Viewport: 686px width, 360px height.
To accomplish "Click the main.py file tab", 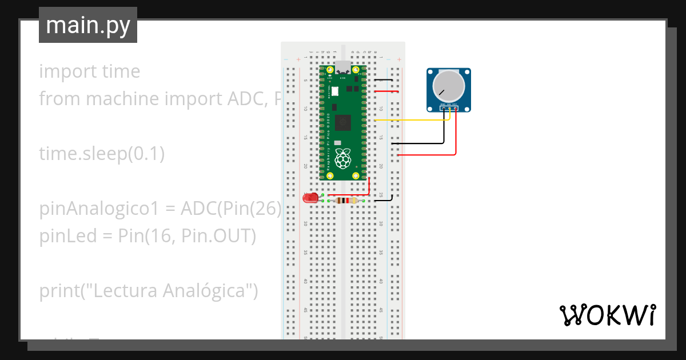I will [x=87, y=26].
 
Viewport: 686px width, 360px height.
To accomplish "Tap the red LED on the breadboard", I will [x=310, y=198].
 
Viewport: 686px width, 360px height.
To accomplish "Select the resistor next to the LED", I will [x=344, y=201].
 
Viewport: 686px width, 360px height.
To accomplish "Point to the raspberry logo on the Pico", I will [x=342, y=158].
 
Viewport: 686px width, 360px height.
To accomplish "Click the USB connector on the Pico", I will [x=342, y=66].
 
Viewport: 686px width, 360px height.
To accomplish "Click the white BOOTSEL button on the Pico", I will [x=335, y=91].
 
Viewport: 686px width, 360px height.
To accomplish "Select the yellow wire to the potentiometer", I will [x=412, y=121].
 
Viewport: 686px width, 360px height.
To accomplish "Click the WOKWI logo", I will [x=607, y=315].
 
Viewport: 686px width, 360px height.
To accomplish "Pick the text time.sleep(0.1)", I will [x=102, y=154].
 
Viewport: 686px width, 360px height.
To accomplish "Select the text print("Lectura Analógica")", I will [x=149, y=291].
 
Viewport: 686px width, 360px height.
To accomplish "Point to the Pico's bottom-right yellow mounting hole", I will [x=356, y=175].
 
